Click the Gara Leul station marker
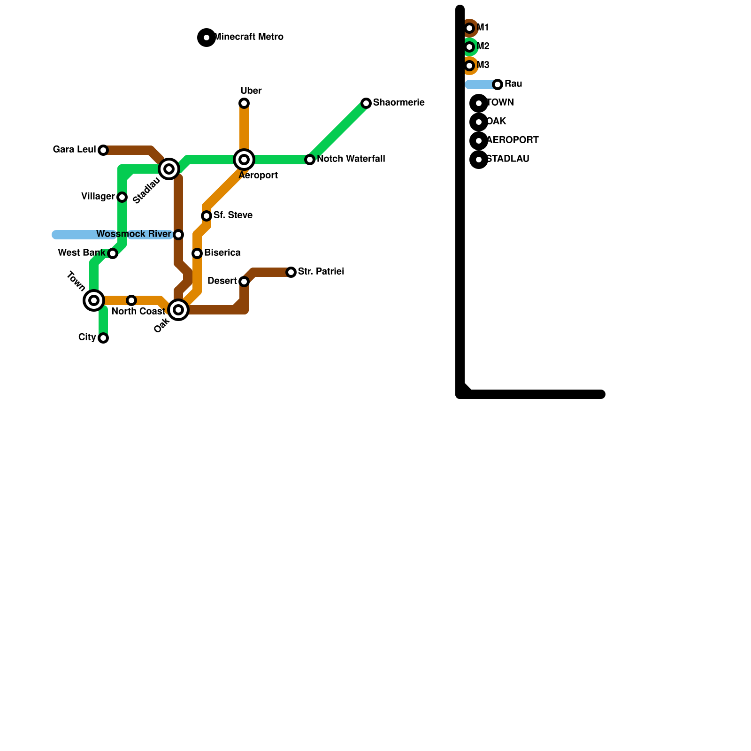click(103, 150)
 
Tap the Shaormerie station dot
click(366, 103)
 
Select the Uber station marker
click(244, 103)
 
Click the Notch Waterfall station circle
click(310, 160)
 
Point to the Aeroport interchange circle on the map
click(244, 160)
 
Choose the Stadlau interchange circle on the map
click(169, 169)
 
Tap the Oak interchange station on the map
click(178, 310)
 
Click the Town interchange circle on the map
click(94, 300)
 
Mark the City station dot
click(103, 338)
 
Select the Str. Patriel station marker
click(291, 272)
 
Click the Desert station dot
click(244, 282)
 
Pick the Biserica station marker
click(197, 253)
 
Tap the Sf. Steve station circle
click(207, 216)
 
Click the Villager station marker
click(122, 197)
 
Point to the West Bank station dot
click(113, 253)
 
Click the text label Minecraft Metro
click(249, 37)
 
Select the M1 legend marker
click(469, 28)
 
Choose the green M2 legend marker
click(469, 47)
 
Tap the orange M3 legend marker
click(469, 66)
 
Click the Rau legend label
click(513, 84)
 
